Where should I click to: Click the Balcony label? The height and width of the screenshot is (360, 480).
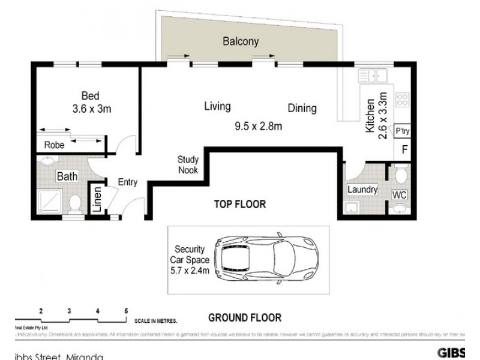241,42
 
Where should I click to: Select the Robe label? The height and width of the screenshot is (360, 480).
54,144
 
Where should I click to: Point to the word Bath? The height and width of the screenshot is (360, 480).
65,176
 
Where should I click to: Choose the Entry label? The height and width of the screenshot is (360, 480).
127,182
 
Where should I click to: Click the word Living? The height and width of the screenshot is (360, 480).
217,107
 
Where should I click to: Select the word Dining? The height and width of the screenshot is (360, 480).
302,109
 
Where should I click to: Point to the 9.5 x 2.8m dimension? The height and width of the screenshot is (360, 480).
258,126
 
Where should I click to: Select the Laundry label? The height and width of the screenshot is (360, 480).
362,190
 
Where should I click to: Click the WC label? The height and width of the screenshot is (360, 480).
400,196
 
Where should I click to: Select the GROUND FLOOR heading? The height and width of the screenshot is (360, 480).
244,317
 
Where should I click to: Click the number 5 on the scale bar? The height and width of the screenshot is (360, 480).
126,311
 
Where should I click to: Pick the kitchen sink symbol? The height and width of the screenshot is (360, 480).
373,76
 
